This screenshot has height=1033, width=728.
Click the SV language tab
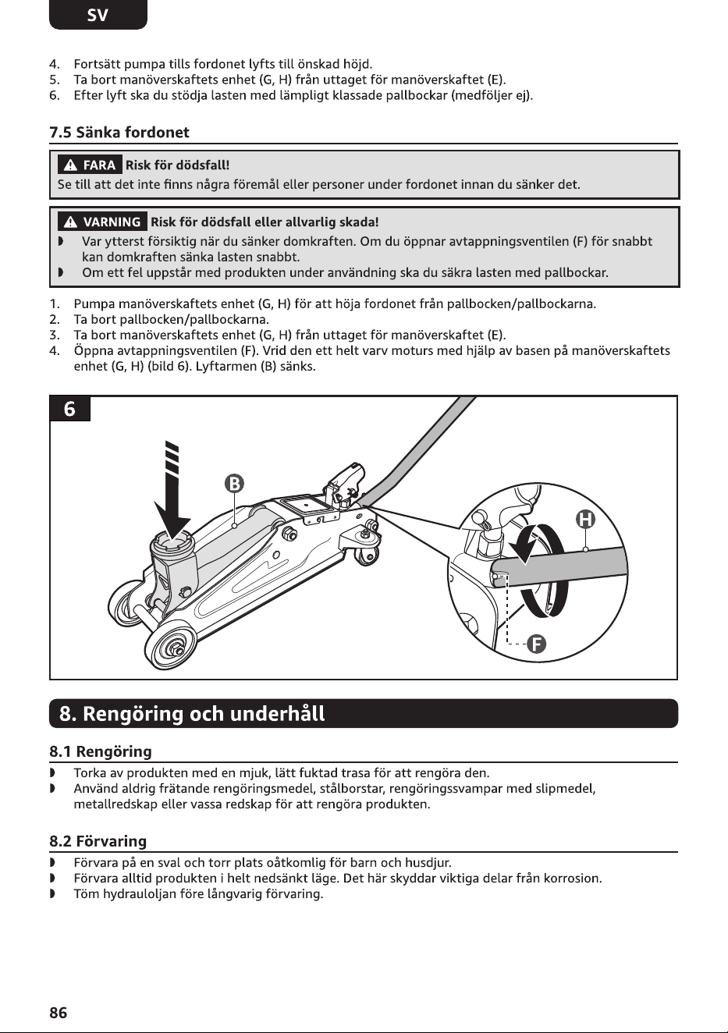coord(98,15)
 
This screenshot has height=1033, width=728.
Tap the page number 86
coord(58,1013)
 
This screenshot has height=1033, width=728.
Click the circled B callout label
coord(234,484)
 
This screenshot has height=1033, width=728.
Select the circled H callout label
coord(585,520)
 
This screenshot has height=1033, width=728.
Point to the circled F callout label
coord(537,644)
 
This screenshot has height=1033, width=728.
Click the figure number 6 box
coord(69,409)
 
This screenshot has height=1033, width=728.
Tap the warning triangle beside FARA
coord(70,165)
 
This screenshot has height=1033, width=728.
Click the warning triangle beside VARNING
coord(70,222)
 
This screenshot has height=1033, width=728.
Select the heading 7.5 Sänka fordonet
coord(119,133)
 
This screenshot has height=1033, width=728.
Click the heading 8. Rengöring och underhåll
coord(192,713)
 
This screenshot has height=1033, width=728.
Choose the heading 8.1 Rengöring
coord(101,751)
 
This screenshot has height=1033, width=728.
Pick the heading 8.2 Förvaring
coord(98,841)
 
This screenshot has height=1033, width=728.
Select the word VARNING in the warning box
coord(112,222)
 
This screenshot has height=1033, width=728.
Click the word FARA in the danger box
coord(99,165)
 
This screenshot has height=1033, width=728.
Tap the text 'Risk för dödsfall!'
coord(178,165)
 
